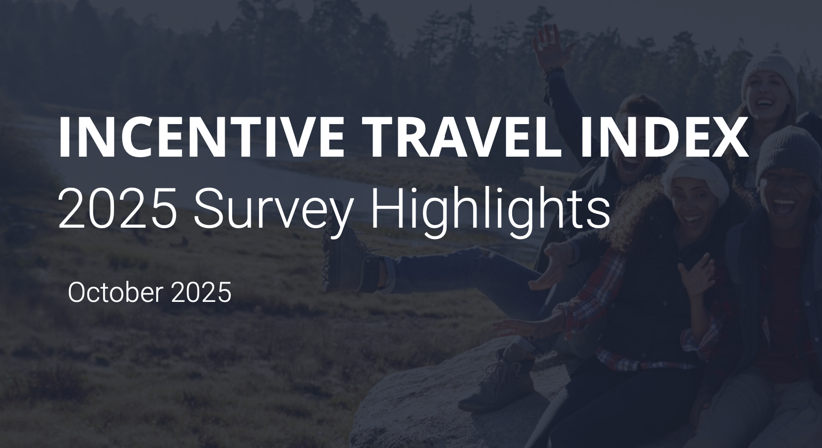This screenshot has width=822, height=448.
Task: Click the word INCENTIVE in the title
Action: (x=201, y=137)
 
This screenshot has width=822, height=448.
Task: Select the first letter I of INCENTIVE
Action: (x=64, y=137)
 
